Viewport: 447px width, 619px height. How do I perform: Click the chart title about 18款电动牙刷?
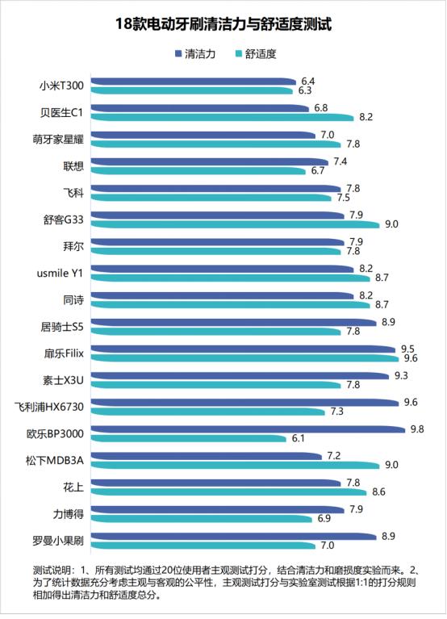[x=223, y=25]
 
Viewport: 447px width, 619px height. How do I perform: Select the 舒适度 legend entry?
[x=259, y=54]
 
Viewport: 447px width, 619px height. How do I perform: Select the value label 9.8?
[x=416, y=429]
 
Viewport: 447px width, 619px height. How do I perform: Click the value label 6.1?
[x=298, y=438]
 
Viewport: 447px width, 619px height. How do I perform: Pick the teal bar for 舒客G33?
[x=235, y=224]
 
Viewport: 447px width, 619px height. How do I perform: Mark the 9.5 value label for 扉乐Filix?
[x=408, y=349]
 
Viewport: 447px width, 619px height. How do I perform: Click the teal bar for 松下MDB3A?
[x=235, y=465]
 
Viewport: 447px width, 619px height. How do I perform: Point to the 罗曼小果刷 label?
[x=59, y=539]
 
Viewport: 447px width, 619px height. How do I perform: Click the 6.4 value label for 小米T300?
[x=307, y=82]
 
